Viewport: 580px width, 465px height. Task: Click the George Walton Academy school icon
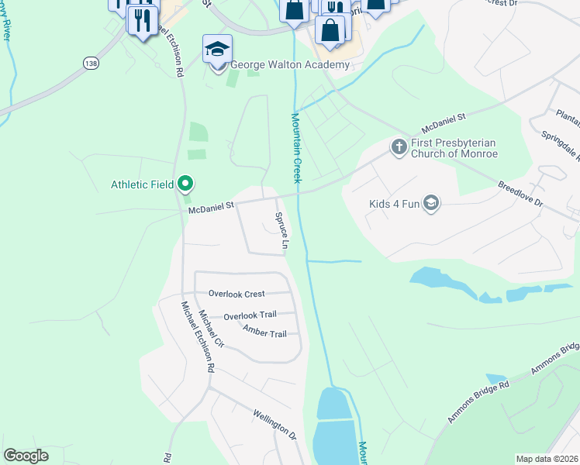click(217, 50)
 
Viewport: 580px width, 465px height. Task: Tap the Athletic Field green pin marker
click(185, 184)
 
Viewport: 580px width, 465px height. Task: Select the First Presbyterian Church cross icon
click(399, 146)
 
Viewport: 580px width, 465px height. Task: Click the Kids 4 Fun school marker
click(431, 205)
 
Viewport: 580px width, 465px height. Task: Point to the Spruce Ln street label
click(283, 231)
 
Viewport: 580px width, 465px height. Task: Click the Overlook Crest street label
click(236, 294)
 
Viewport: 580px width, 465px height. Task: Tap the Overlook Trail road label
click(250, 316)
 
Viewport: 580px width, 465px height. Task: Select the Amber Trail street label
click(264, 333)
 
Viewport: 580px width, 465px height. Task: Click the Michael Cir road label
click(211, 330)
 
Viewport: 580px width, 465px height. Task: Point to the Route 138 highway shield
click(92, 64)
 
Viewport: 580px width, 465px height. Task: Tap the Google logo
click(26, 456)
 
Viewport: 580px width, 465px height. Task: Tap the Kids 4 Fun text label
click(395, 205)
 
